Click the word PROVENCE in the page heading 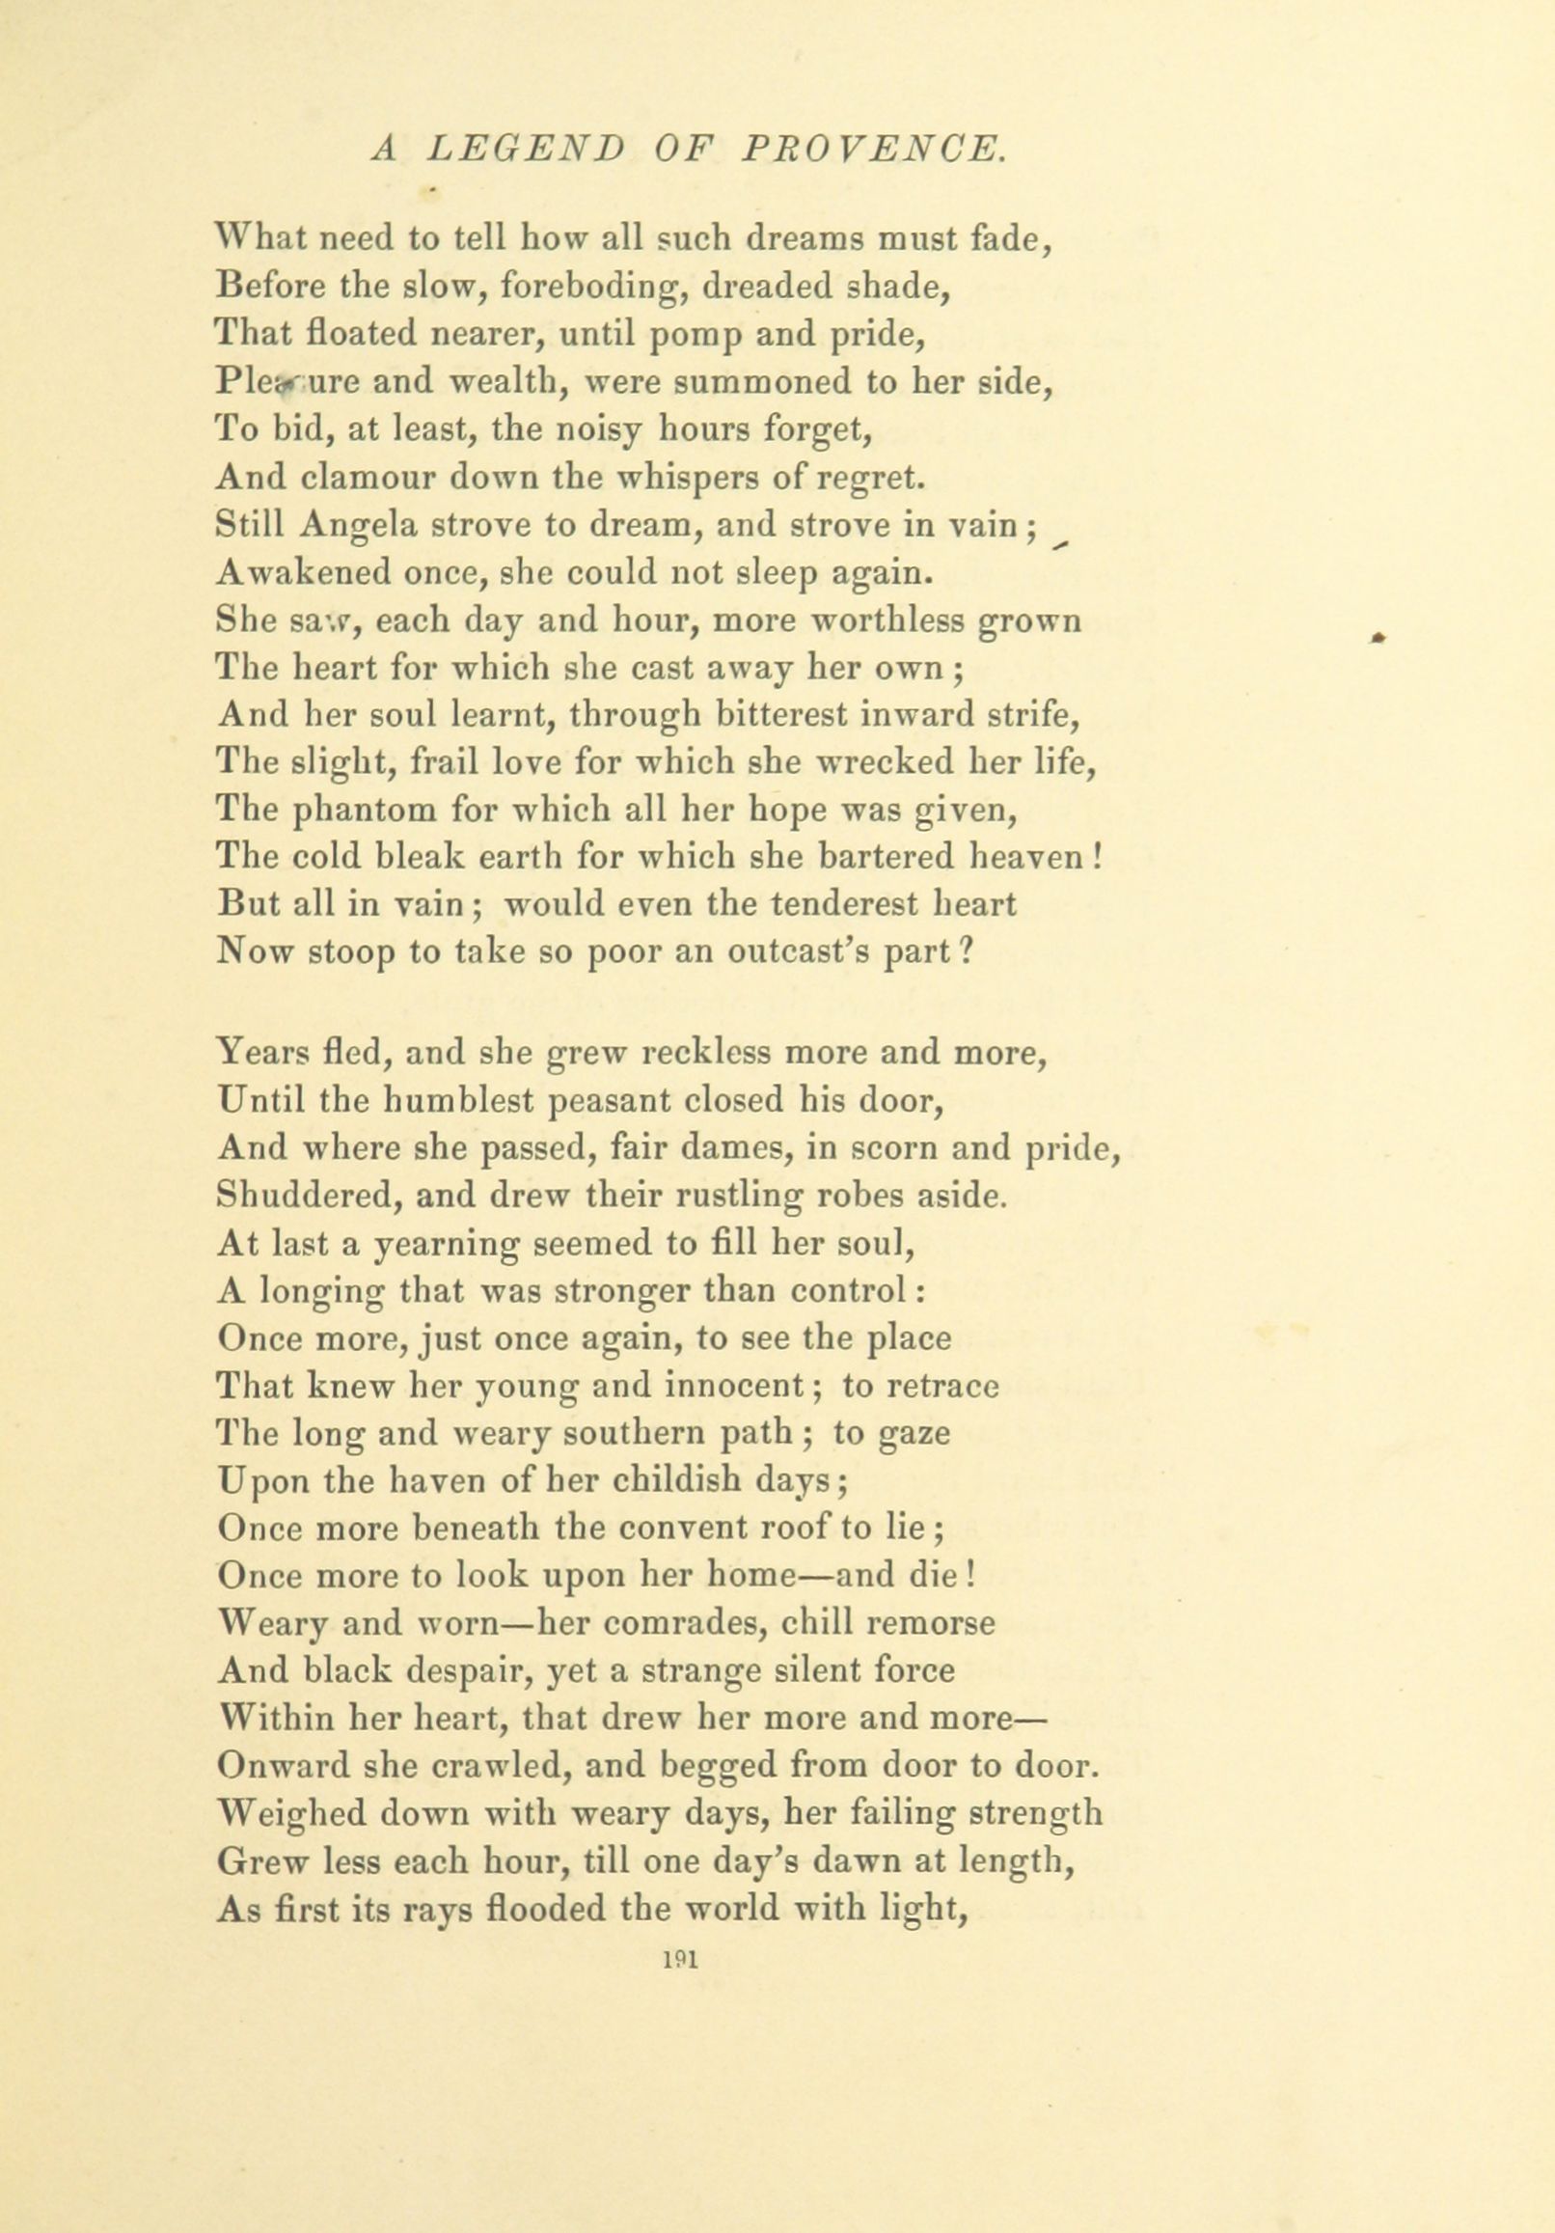click(871, 149)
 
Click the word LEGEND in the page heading click(525, 149)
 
